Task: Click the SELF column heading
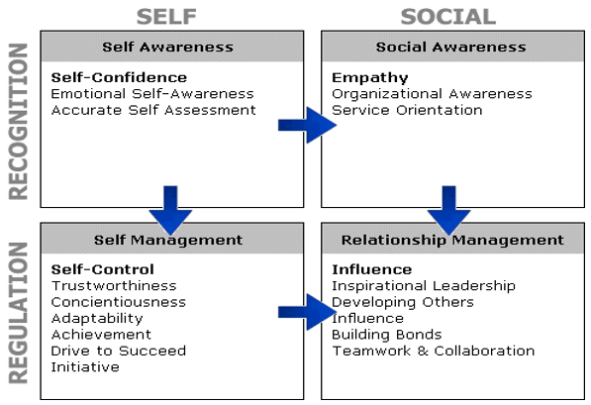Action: [166, 17]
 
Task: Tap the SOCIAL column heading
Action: [447, 17]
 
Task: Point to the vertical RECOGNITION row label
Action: [18, 122]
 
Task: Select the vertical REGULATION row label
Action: [18, 313]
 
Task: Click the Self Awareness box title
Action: [167, 48]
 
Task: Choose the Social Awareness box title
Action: [450, 48]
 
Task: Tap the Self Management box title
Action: [168, 241]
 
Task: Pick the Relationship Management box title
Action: [452, 241]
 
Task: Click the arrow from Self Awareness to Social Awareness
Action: [307, 125]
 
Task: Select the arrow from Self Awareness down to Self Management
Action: [170, 210]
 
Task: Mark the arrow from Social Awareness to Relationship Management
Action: [448, 210]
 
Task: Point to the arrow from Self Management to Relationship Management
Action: [307, 312]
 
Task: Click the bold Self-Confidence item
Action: [119, 77]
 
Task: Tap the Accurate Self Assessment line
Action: [153, 110]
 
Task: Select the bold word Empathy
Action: [370, 78]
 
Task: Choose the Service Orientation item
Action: [407, 110]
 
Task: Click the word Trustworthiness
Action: [114, 286]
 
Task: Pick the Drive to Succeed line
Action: [119, 351]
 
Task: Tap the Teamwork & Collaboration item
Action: [434, 351]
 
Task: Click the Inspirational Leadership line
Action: [424, 286]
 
